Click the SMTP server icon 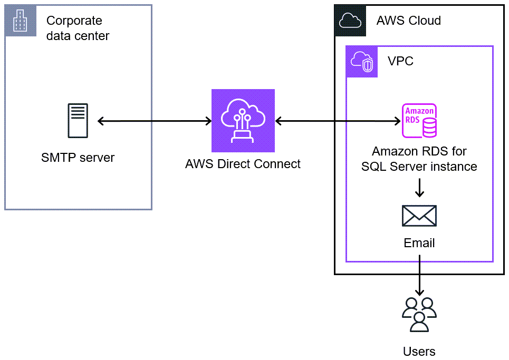[78, 121]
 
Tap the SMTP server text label [78, 157]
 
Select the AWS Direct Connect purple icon [243, 121]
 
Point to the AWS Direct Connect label [243, 164]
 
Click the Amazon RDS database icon [419, 121]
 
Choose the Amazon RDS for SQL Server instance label [419, 159]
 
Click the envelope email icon [419, 216]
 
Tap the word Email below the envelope [419, 243]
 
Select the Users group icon [419, 314]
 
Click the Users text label [419, 352]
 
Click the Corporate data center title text [78, 28]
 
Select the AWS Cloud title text [408, 21]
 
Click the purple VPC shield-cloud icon [362, 62]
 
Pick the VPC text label [400, 61]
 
